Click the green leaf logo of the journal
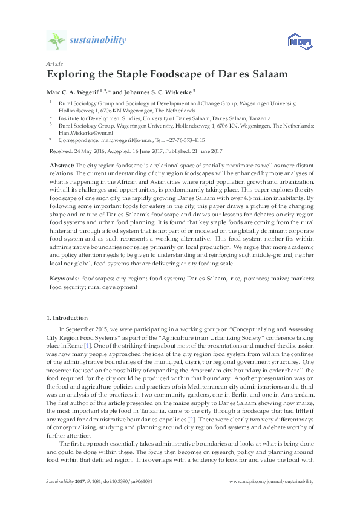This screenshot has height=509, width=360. [x=57, y=41]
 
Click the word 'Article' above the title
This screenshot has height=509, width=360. [x=53, y=63]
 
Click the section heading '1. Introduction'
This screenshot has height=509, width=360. [x=67, y=317]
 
